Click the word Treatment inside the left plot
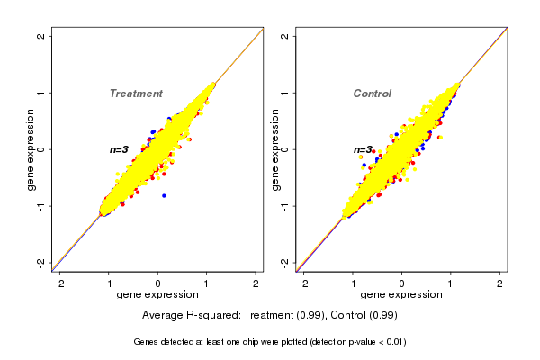pos(136,94)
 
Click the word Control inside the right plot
pos(372,94)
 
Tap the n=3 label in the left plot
pos(120,149)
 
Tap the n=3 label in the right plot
pos(363,150)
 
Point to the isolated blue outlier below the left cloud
pos(164,195)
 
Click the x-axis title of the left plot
pos(157,295)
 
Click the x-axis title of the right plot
pos(401,295)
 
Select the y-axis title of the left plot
pos(31,149)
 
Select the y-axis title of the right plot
pos(275,149)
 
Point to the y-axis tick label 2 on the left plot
pos(41,36)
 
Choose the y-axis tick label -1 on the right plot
pos(285,206)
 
